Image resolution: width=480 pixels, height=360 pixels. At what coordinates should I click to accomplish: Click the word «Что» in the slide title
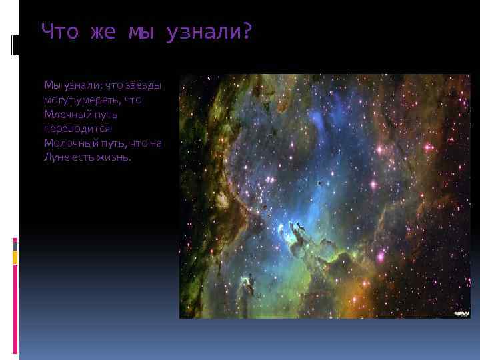pos(58,31)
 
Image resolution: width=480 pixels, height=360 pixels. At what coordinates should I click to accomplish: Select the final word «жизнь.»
pos(118,158)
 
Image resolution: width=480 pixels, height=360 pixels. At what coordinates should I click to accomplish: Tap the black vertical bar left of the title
pos(14,45)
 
